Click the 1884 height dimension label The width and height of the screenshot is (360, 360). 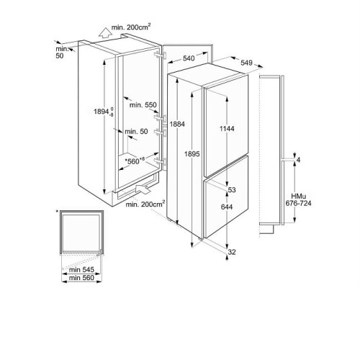pos(177,124)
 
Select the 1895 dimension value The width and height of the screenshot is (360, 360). pos(192,154)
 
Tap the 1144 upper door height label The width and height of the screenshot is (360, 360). pos(227,129)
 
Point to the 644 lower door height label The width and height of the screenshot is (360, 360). pos(227,207)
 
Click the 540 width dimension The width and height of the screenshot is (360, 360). pos(189,58)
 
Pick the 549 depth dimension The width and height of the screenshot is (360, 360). pos(246,63)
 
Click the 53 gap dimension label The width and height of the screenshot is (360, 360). pos(232,190)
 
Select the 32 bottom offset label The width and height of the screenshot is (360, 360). pos(232,252)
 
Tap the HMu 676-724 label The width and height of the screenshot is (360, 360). pos(298,200)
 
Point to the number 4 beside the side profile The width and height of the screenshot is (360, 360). pos(298,160)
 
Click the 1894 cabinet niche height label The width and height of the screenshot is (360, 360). pos(104,112)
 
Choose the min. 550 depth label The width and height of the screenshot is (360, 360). pos(143,105)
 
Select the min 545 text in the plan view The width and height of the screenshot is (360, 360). pos(81,270)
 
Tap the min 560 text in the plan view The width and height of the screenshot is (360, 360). pos(81,278)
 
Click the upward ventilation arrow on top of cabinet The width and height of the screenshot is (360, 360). pos(104,33)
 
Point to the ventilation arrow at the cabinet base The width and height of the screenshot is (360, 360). pos(143,189)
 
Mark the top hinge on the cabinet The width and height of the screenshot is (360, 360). pos(161,55)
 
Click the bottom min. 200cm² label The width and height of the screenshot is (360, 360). pos(145,204)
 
